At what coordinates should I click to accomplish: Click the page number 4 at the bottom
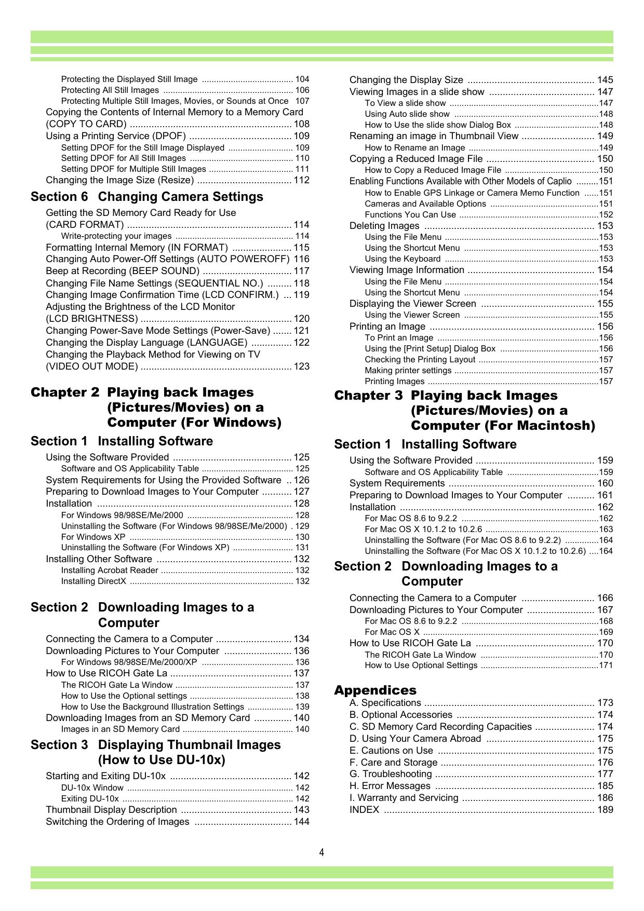tap(322, 852)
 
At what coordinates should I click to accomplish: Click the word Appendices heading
tap(375, 690)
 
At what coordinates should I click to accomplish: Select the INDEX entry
tap(364, 810)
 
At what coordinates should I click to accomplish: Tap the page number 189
tap(605, 810)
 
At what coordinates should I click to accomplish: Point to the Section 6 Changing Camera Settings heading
tap(147, 197)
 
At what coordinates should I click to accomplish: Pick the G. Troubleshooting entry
tap(391, 774)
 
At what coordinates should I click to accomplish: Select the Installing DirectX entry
tap(93, 581)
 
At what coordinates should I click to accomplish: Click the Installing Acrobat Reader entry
tap(110, 570)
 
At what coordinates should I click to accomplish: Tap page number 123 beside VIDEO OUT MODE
tap(301, 366)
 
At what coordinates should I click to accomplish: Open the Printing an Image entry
tap(387, 327)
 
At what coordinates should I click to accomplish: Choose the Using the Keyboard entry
tap(403, 259)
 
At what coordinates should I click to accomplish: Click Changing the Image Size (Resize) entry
tap(120, 180)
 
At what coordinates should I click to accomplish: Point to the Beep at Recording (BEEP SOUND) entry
tap(123, 271)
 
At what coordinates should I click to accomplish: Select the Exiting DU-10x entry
tap(90, 798)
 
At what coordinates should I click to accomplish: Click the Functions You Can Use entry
tap(410, 214)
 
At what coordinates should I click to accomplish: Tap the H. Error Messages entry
tap(390, 786)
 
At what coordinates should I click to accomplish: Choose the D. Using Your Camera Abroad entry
tap(415, 738)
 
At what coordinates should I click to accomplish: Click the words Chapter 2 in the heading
tap(64, 392)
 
